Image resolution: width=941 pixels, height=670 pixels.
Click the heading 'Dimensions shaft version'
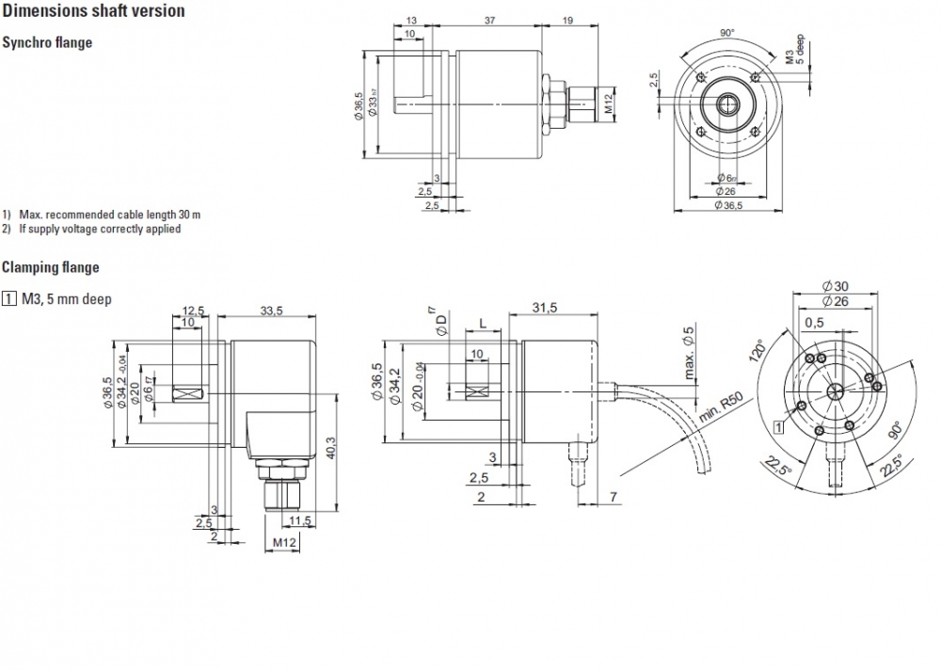pos(94,11)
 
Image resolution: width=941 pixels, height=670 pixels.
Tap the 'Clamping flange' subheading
pos(50,267)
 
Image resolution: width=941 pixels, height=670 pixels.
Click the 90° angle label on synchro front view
pos(726,32)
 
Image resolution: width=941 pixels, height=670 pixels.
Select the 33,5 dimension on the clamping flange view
pos(273,311)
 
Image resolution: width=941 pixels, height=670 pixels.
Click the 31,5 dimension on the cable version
pos(546,308)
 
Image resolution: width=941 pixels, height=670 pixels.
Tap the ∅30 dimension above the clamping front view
pos(835,286)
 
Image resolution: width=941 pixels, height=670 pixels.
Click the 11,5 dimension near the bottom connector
pos(301,520)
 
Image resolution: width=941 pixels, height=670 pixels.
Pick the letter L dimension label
pos(483,324)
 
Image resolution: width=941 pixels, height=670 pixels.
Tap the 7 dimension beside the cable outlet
pos(613,496)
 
